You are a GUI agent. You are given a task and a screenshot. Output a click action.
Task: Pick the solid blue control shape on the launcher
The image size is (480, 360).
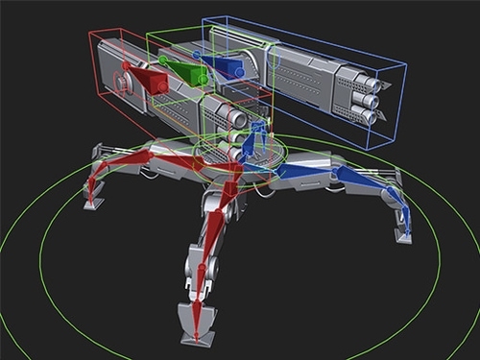click(228, 67)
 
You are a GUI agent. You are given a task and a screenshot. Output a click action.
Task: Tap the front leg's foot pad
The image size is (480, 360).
click(197, 322)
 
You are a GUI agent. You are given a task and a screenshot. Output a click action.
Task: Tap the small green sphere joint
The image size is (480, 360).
click(163, 60)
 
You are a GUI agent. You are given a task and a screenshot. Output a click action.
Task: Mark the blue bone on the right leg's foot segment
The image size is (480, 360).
click(401, 212)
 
